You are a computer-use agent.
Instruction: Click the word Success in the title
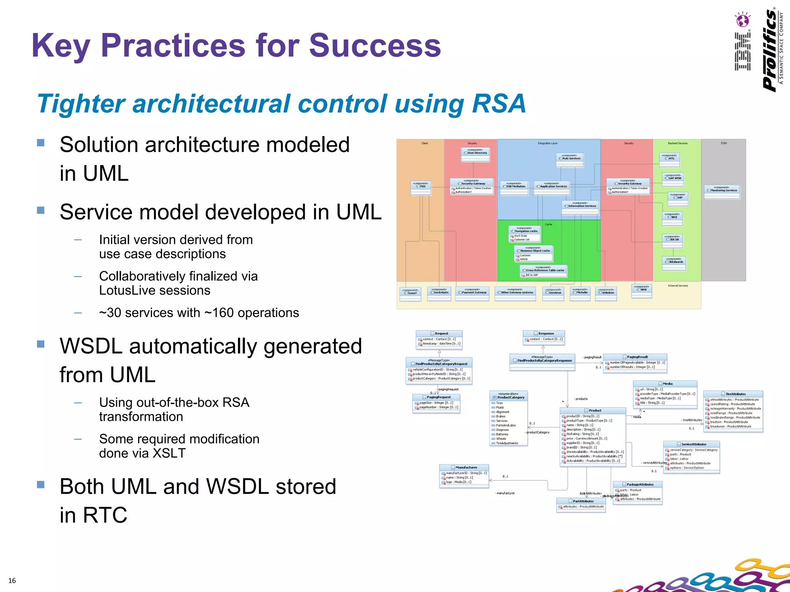coord(375,45)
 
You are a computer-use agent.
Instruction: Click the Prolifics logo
coord(772,50)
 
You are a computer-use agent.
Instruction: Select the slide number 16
coord(12,580)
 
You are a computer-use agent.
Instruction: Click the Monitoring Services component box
coord(722,190)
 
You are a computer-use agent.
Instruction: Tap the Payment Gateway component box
coord(473,292)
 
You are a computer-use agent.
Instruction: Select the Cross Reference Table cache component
coord(544,270)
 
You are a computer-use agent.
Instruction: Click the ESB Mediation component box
coord(514,187)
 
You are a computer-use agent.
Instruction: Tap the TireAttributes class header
coord(733,394)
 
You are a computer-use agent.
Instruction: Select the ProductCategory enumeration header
coord(509,397)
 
